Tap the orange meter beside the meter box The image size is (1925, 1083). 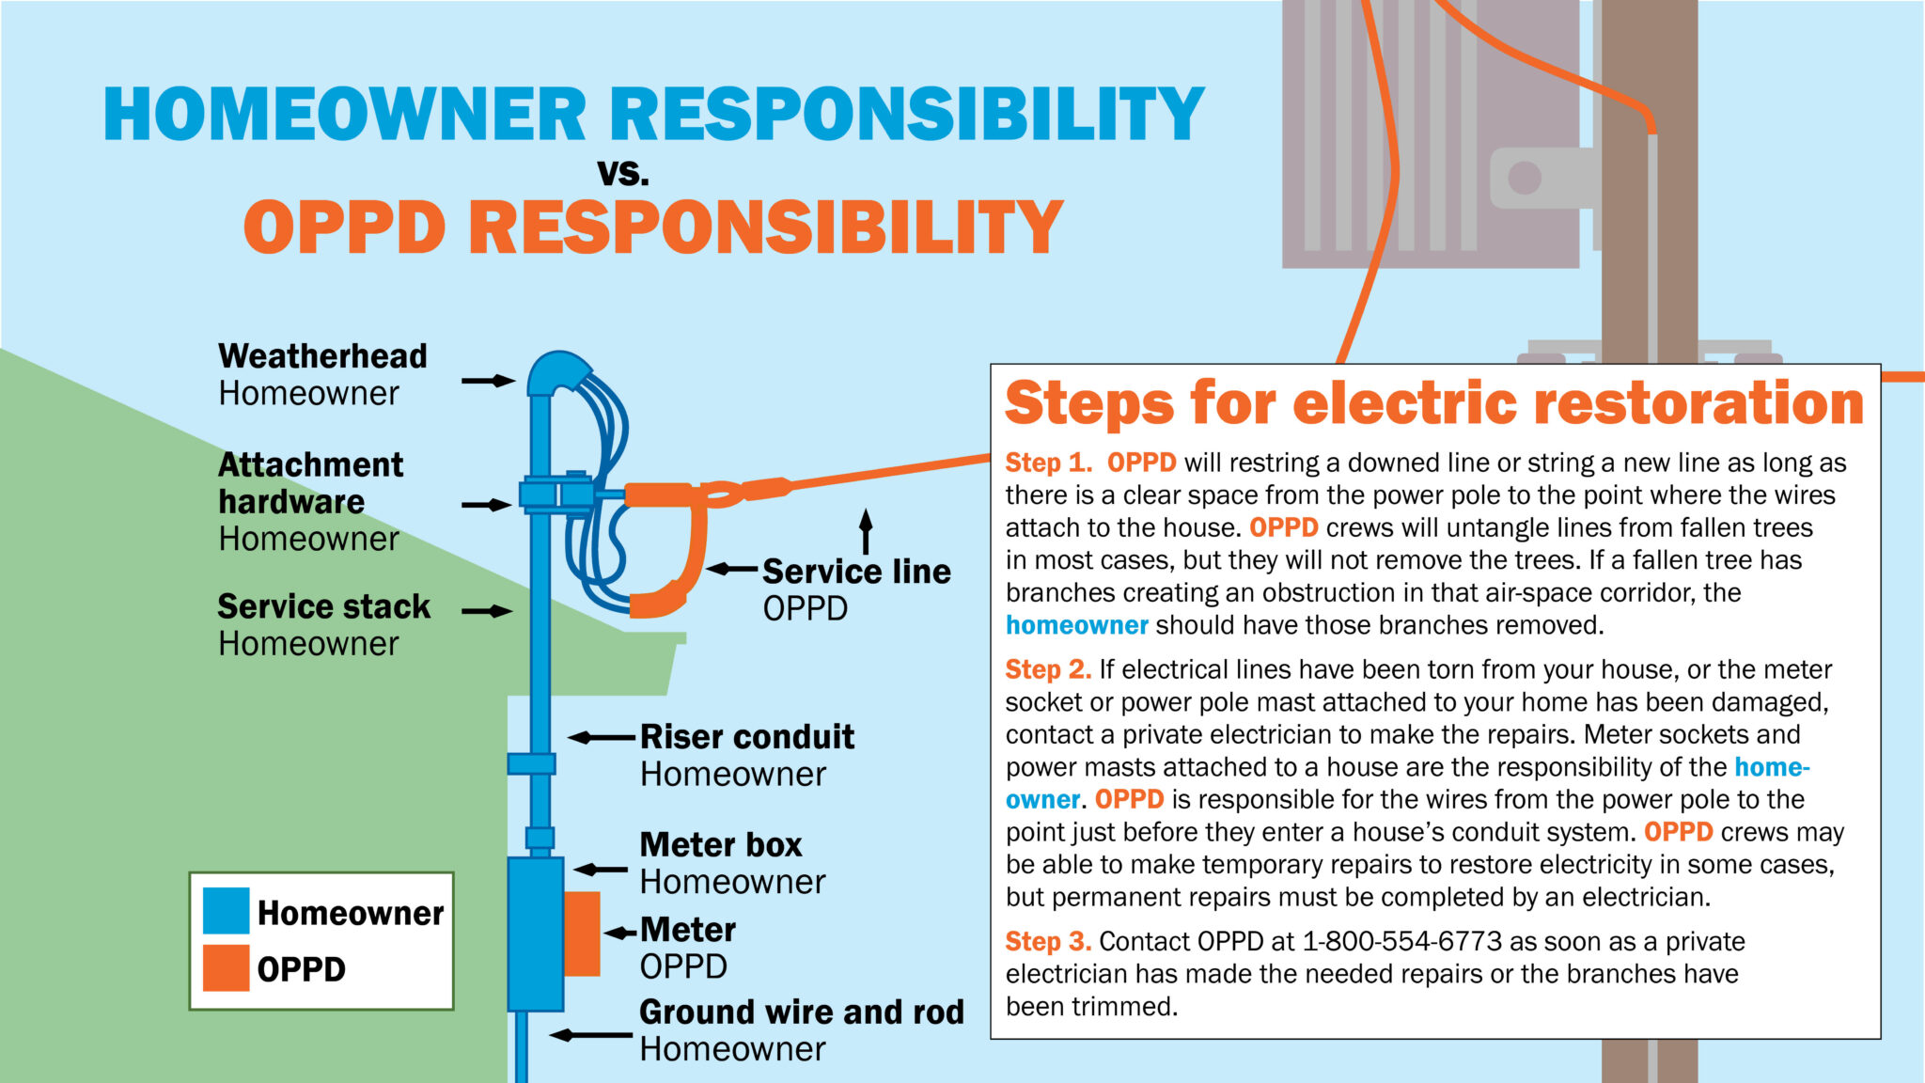pos(582,934)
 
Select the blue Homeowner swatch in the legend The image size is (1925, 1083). pos(227,910)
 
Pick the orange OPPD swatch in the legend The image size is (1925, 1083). pos(227,968)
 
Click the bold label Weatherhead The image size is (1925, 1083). pos(322,356)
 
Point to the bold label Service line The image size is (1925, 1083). pos(856,572)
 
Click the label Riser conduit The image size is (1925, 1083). pos(747,737)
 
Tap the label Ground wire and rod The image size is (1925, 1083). pos(802,1012)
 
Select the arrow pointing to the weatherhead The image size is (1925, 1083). pos(489,381)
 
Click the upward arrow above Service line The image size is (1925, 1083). pos(866,531)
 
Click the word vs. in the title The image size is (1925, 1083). pos(623,172)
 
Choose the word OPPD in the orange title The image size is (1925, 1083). pos(344,228)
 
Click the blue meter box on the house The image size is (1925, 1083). pos(535,934)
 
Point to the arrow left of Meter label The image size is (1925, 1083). pos(620,933)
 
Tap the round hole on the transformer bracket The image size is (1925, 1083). pos(1524,177)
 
